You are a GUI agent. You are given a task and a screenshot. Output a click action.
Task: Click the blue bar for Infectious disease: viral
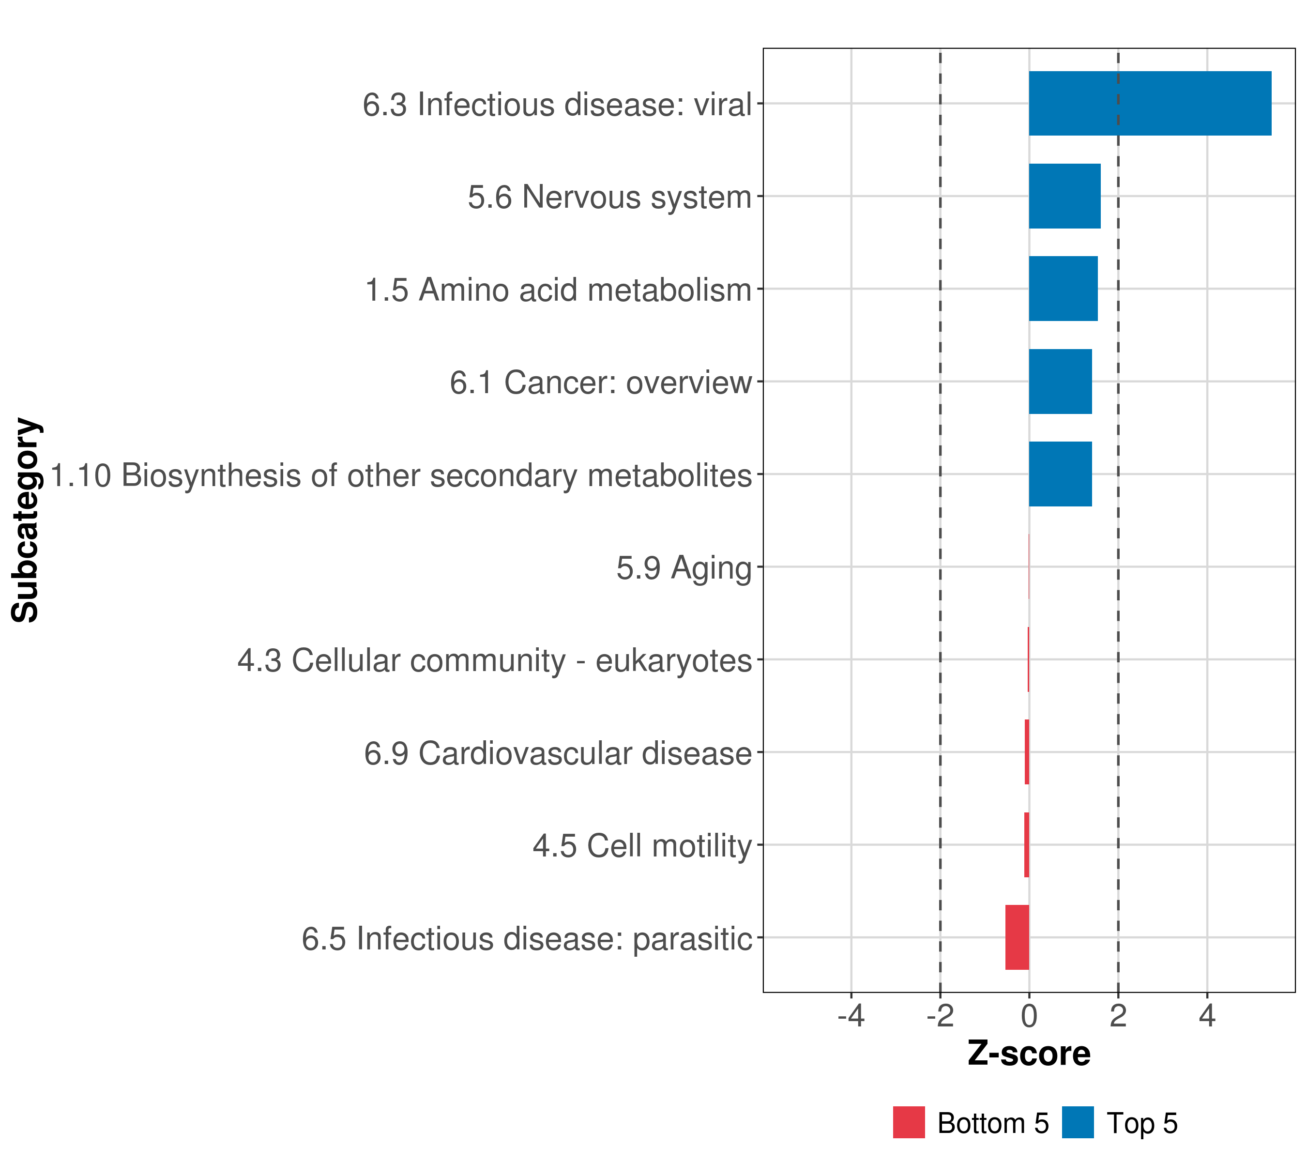[x=1149, y=104]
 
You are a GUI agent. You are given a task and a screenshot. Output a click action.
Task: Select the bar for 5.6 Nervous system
[x=1064, y=197]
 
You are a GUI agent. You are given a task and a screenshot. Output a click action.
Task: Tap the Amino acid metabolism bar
[x=1063, y=289]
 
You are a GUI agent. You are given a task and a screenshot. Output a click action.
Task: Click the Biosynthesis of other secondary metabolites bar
[x=1060, y=474]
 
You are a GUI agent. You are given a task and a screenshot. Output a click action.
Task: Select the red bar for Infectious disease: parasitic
[x=1017, y=937]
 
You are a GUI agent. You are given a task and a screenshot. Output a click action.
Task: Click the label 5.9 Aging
[x=684, y=568]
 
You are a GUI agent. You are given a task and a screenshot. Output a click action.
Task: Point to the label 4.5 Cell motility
[x=642, y=845]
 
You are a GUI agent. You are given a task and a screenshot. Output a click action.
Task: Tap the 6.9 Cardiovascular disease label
[x=558, y=753]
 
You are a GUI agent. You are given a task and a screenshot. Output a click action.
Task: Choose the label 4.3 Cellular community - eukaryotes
[x=494, y=660]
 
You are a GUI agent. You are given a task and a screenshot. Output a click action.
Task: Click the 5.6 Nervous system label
[x=609, y=197]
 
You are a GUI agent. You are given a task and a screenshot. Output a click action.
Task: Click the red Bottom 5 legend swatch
[x=909, y=1122]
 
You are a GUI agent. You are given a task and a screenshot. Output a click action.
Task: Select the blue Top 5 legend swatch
[x=1078, y=1122]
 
